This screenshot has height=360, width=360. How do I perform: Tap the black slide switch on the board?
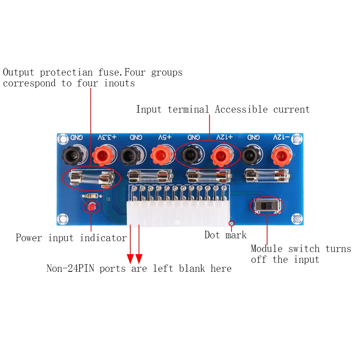pos(266,206)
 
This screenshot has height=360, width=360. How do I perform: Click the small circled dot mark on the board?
pos(232,223)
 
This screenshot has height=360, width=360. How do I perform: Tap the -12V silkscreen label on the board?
pos(281,138)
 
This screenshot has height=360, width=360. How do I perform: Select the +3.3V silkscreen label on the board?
pos(108,138)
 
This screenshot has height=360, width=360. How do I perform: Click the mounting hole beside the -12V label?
pos(297,138)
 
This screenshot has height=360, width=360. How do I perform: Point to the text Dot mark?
pos(225,235)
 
